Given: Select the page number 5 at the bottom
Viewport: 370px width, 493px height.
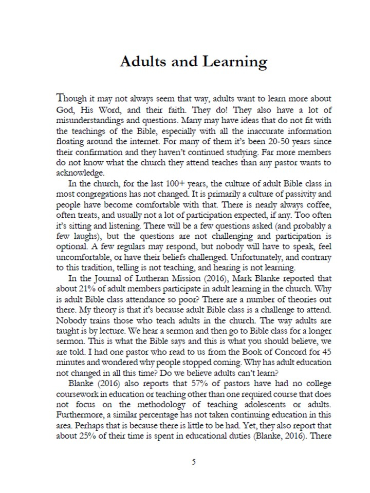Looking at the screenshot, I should coord(193,462).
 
